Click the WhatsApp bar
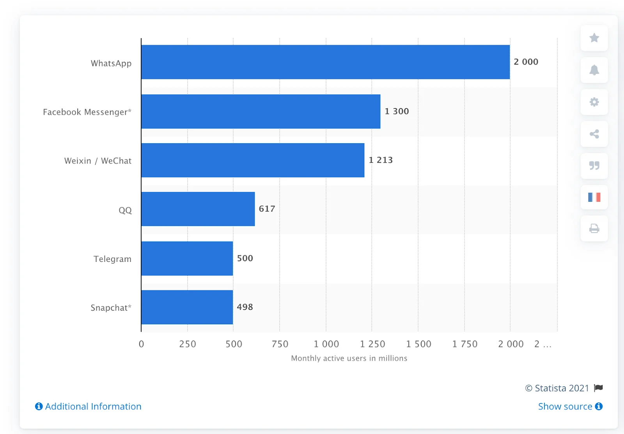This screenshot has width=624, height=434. pos(325,62)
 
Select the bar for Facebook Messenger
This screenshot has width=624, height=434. pos(261,112)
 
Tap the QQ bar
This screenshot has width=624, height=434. pos(198,209)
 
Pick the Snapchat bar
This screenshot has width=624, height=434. pos(187,307)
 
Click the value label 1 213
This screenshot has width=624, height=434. pos(381,160)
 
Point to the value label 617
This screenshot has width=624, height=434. pos(267,209)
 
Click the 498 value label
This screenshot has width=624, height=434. pos(245,307)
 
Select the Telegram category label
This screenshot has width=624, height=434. pos(112,259)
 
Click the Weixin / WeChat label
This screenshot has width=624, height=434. pos(97,161)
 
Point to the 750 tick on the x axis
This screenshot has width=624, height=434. pos(280,344)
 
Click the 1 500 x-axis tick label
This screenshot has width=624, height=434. pos(418,344)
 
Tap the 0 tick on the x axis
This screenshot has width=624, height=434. pos(141,344)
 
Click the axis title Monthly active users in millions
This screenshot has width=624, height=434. pos(349,358)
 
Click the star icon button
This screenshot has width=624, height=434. pos(594,38)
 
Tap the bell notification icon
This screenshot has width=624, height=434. pos(594,70)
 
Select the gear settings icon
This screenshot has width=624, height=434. pos(594,102)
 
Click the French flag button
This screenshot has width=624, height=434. pos(594,197)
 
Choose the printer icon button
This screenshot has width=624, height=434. pos(594,229)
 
